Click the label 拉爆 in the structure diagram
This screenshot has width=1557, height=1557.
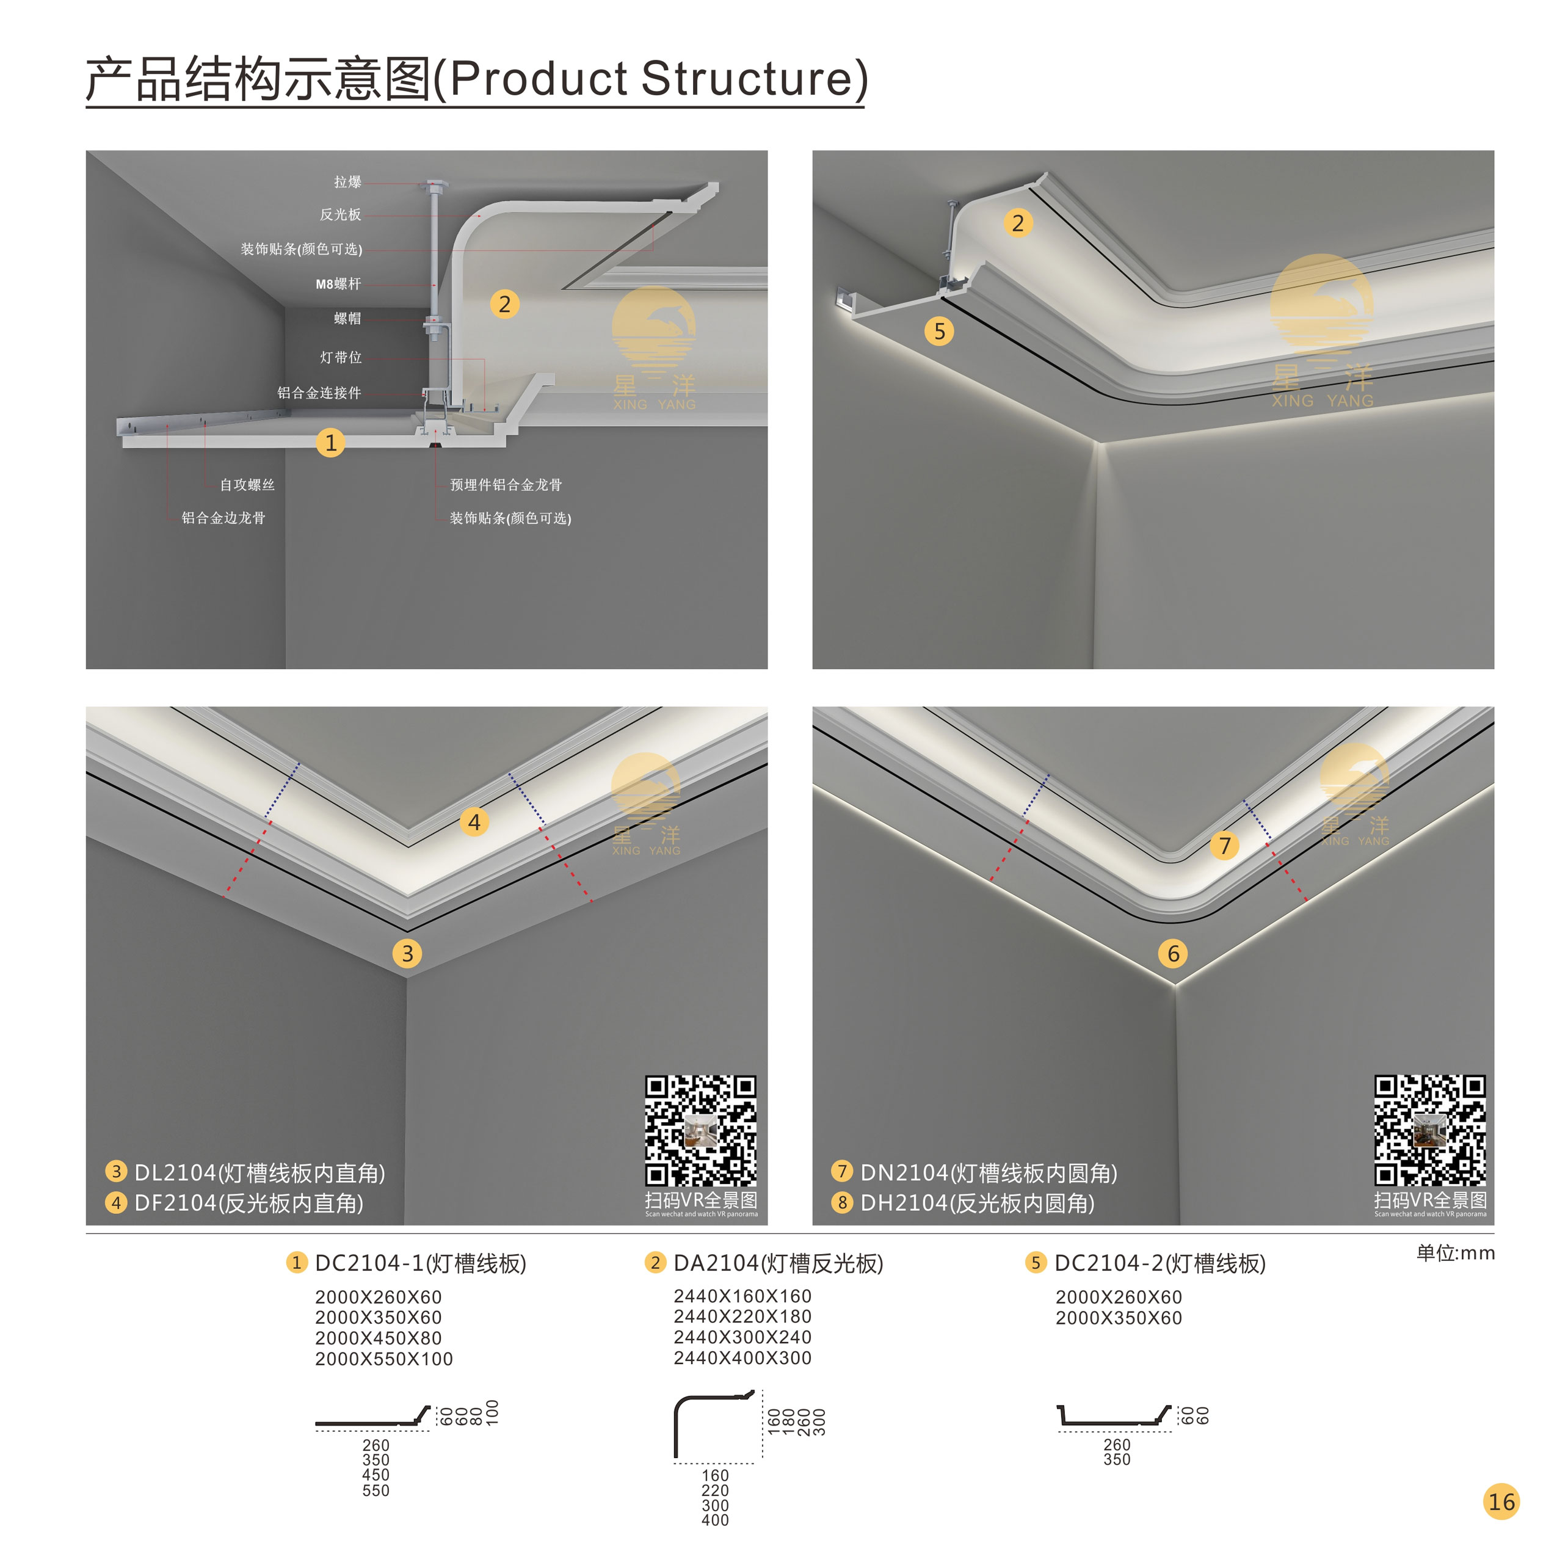point(347,182)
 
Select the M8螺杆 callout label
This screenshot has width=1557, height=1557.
point(338,284)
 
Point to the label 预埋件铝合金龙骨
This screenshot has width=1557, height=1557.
point(506,484)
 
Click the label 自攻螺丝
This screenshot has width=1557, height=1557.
point(247,484)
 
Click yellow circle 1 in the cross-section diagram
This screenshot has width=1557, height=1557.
point(330,443)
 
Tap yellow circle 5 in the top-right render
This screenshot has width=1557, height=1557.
point(939,331)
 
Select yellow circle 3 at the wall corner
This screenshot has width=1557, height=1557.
point(407,953)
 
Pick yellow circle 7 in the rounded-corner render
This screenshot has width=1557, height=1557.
point(1224,846)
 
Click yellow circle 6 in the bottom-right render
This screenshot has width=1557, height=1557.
point(1174,953)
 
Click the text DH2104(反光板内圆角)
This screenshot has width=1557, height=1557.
point(977,1203)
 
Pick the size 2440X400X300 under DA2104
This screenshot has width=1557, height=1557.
point(742,1358)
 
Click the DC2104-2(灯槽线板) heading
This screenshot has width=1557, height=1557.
point(1159,1263)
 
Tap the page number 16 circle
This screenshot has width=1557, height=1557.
point(1501,1501)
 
